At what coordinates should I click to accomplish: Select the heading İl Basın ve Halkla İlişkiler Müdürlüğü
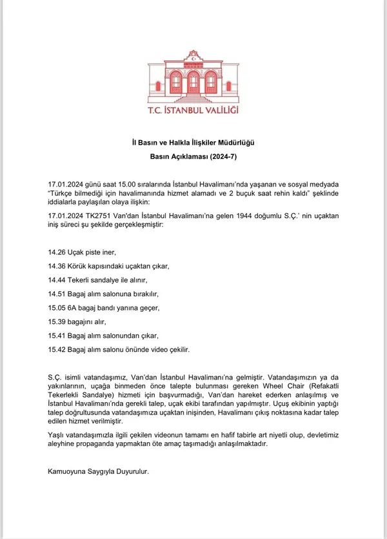click(193, 142)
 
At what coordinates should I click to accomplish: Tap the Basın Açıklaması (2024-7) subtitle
click(193, 156)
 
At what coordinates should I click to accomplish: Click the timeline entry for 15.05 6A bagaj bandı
click(103, 308)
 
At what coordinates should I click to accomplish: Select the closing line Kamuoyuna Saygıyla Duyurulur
click(98, 471)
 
